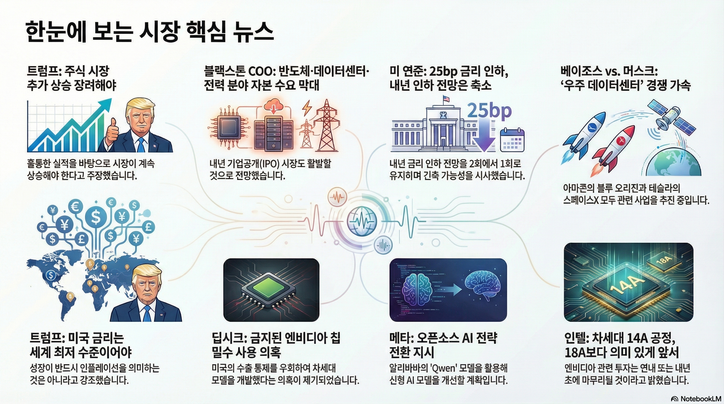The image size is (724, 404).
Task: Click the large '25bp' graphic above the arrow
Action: (x=489, y=111)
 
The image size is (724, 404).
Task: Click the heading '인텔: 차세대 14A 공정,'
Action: (x=620, y=339)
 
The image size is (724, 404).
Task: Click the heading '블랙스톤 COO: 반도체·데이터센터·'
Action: (x=286, y=71)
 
